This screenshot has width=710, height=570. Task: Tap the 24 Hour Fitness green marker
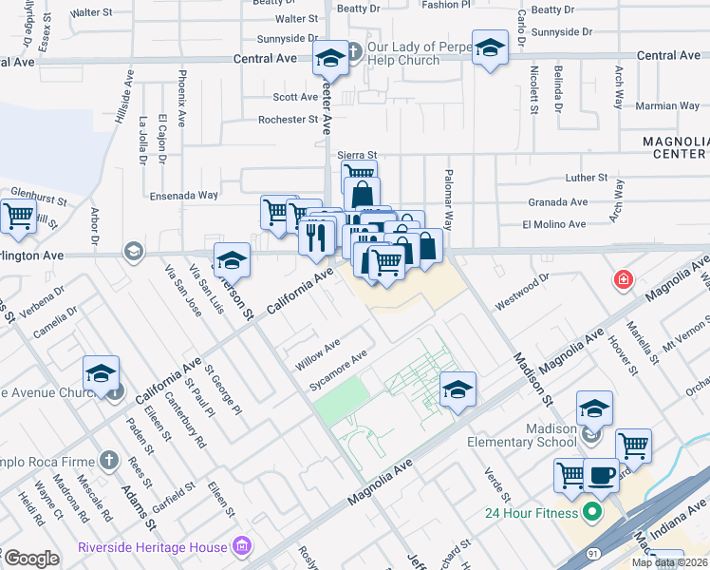(593, 513)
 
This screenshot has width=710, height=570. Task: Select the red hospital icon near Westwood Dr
(623, 280)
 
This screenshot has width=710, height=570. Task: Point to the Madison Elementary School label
(522, 435)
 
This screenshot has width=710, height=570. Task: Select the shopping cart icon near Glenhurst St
(18, 218)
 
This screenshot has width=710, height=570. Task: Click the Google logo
(31, 559)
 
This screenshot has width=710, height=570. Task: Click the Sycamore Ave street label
(339, 371)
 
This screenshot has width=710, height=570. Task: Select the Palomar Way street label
(448, 200)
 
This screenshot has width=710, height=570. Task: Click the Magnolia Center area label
(675, 147)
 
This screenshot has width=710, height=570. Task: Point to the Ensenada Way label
(184, 196)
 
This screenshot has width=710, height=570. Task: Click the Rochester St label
(289, 120)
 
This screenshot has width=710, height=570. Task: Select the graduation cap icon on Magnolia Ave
(458, 389)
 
